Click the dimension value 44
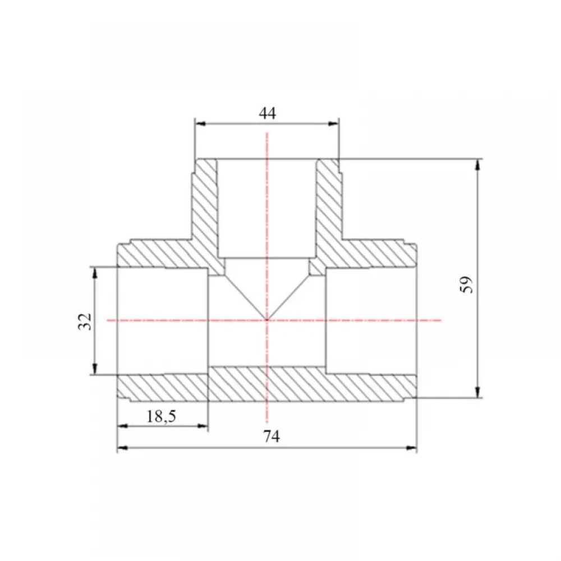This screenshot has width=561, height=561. (268, 113)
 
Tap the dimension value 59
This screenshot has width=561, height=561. (467, 284)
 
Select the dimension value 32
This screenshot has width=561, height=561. (85, 321)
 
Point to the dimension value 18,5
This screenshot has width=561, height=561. (162, 416)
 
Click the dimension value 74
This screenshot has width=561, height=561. (272, 436)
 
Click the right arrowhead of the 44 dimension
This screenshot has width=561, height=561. (333, 124)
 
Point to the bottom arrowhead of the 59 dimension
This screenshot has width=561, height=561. (477, 392)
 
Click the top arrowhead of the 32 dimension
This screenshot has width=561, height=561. (95, 273)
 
